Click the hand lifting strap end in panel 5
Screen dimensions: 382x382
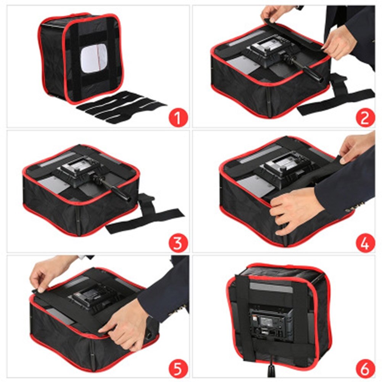click(44, 273)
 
